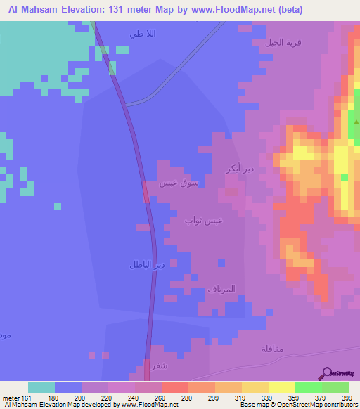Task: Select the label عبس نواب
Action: tap(204, 221)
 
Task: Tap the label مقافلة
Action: tap(271, 348)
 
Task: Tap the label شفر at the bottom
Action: tap(160, 365)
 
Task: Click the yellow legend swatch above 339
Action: tap(255, 387)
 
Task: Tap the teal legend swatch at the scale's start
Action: tap(41, 387)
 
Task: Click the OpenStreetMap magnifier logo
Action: tap(326, 375)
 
